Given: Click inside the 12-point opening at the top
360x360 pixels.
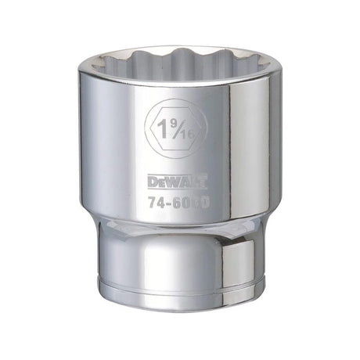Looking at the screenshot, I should [179, 64].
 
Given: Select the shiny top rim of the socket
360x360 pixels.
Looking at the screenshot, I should [179, 49].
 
